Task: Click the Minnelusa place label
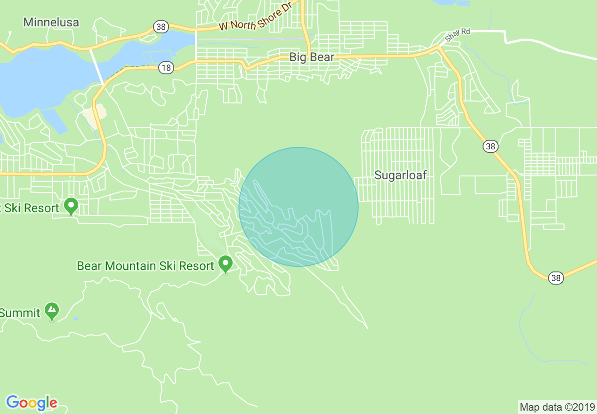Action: click(x=51, y=22)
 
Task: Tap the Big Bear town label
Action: click(x=312, y=57)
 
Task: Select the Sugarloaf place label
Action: click(x=400, y=175)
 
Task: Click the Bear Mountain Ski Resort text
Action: click(x=145, y=266)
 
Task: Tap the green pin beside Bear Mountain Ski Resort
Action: click(x=226, y=264)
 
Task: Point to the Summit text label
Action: click(x=20, y=312)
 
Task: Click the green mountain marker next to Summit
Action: click(x=52, y=310)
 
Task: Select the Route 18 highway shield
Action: click(x=166, y=68)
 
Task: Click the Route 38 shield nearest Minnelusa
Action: click(x=161, y=27)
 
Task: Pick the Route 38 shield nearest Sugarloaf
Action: click(x=490, y=146)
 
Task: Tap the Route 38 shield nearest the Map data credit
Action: click(x=556, y=278)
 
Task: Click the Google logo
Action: click(x=32, y=403)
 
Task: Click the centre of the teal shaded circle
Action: click(x=298, y=207)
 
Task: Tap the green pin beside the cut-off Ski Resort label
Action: click(x=71, y=206)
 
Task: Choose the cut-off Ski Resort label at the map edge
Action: click(x=29, y=208)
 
